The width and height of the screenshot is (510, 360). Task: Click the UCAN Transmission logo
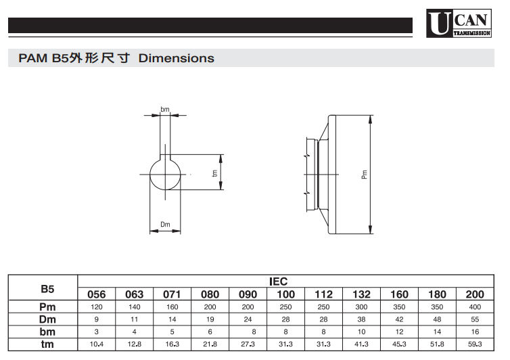(x=459, y=23)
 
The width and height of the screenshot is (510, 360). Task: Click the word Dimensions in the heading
(x=177, y=58)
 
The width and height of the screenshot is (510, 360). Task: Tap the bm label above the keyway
(x=165, y=110)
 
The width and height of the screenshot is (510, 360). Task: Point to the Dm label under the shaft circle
(x=165, y=224)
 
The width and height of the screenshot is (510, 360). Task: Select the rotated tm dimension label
(x=214, y=173)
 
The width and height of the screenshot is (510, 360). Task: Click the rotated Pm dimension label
(x=365, y=175)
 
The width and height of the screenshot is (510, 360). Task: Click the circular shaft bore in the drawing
(x=165, y=174)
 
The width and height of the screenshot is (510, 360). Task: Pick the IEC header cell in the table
(x=279, y=282)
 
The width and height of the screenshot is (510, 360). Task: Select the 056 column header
(x=97, y=294)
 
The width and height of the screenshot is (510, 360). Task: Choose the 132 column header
(x=361, y=294)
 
